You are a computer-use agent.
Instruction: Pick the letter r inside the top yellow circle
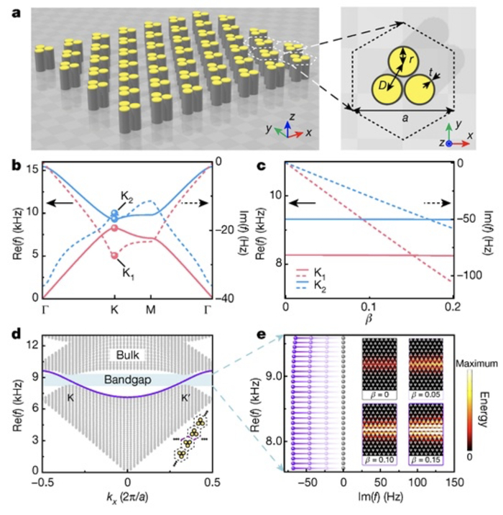[410, 60]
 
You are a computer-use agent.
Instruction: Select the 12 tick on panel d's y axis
[31, 347]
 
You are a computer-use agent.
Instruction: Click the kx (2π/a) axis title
[128, 499]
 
